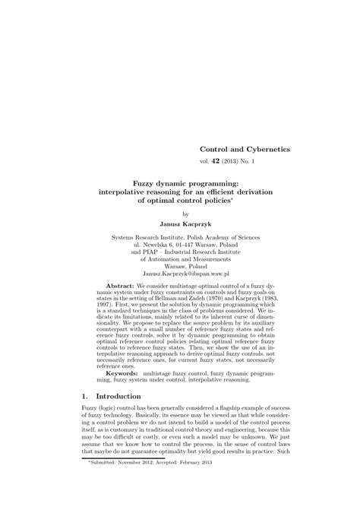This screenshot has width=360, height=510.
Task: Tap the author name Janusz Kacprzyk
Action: pos(180,224)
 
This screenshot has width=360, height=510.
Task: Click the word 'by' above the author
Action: pos(180,214)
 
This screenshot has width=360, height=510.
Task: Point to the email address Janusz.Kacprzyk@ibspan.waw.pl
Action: pos(180,272)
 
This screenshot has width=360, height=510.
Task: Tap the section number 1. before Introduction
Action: pos(85,397)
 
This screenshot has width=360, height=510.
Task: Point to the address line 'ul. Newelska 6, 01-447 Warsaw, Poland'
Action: pos(180,245)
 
